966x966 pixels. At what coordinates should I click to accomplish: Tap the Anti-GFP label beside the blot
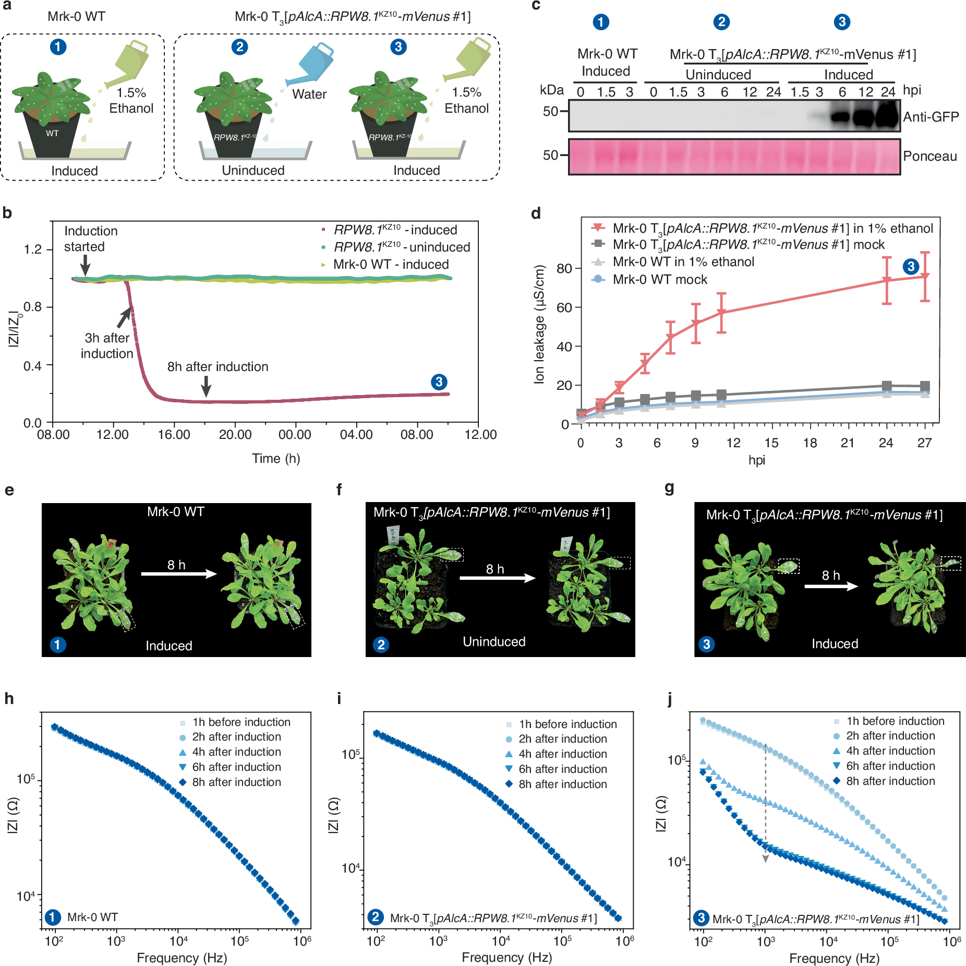pos(931,117)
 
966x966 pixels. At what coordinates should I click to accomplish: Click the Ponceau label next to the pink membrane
pos(929,156)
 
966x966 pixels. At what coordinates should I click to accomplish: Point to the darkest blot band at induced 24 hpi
pos(887,115)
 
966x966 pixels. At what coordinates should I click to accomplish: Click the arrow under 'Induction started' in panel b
pos(85,265)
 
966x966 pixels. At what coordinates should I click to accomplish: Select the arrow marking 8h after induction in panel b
pos(206,386)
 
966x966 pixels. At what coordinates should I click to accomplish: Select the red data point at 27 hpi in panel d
pos(924,277)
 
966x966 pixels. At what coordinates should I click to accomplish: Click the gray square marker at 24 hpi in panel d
pos(886,386)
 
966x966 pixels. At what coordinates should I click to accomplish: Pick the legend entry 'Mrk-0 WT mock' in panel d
pos(659,280)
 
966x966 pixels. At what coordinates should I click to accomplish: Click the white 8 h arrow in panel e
pos(179,574)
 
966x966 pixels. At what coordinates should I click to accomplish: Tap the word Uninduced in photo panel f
pos(493,642)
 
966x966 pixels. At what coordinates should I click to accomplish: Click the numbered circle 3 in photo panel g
pos(706,644)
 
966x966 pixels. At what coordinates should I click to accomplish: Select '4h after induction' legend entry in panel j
pos(890,751)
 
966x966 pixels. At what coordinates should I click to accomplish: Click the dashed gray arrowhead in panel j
pos(765,858)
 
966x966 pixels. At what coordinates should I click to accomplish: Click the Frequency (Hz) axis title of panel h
pos(182,958)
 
